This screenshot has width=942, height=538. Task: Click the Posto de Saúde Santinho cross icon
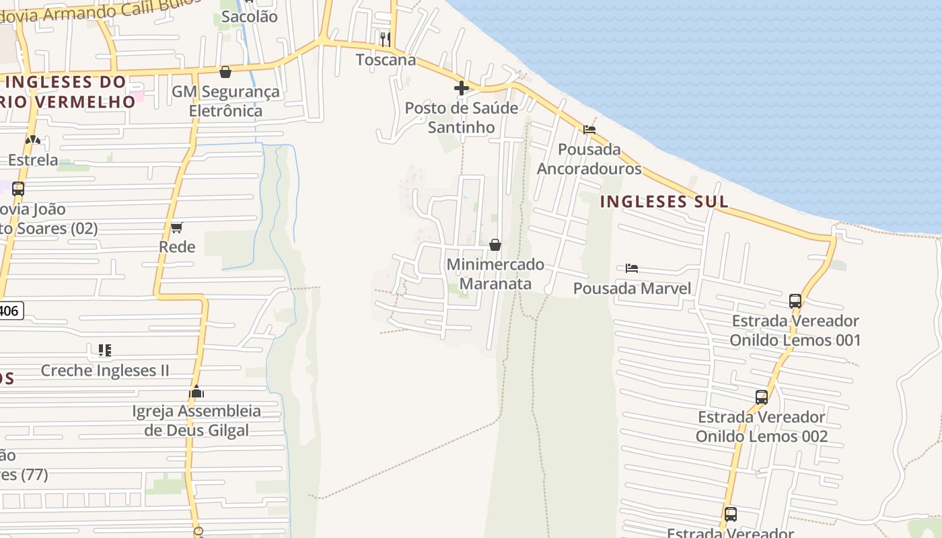[462, 87]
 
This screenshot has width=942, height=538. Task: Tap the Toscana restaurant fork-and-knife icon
[385, 39]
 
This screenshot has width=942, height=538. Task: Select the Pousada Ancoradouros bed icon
[589, 129]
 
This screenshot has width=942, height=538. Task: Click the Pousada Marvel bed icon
[631, 268]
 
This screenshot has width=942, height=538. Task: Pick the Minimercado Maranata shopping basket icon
[495, 245]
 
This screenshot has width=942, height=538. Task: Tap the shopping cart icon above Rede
[177, 227]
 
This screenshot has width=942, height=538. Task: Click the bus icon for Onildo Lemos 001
[795, 301]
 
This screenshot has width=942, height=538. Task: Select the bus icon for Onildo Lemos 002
[762, 397]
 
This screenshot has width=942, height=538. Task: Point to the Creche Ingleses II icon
[104, 350]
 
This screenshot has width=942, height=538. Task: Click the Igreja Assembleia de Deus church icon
[196, 391]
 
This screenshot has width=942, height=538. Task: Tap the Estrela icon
[32, 140]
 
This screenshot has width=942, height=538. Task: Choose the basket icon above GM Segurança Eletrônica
[225, 71]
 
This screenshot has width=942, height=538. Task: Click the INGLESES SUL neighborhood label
[664, 201]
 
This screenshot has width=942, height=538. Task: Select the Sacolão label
[249, 17]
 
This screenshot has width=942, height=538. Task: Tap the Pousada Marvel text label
[632, 289]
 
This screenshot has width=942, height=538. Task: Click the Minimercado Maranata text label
[495, 274]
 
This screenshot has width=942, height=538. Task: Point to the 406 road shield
[10, 311]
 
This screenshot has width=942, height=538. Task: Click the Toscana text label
[386, 60]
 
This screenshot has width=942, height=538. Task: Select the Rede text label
[177, 247]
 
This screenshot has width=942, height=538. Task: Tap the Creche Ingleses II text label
[105, 371]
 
